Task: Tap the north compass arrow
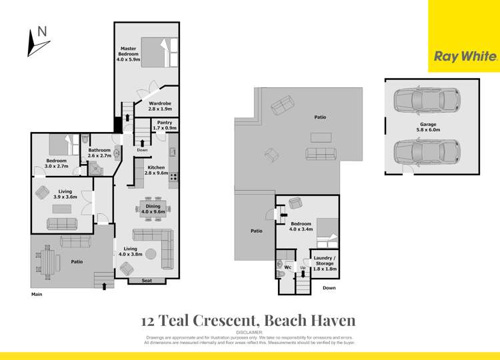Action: point(37,43)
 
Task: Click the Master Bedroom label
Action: point(129,53)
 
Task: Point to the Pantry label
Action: point(165,125)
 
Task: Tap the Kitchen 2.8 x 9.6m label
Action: point(156,170)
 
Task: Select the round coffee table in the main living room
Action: point(151,254)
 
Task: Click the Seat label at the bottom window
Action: point(147,281)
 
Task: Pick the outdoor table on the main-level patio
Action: point(47,261)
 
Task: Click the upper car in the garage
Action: point(425,101)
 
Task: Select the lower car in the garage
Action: point(425,151)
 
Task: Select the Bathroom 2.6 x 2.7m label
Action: point(99,153)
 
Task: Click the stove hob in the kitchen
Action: point(173,177)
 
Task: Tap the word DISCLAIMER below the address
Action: point(250,332)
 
